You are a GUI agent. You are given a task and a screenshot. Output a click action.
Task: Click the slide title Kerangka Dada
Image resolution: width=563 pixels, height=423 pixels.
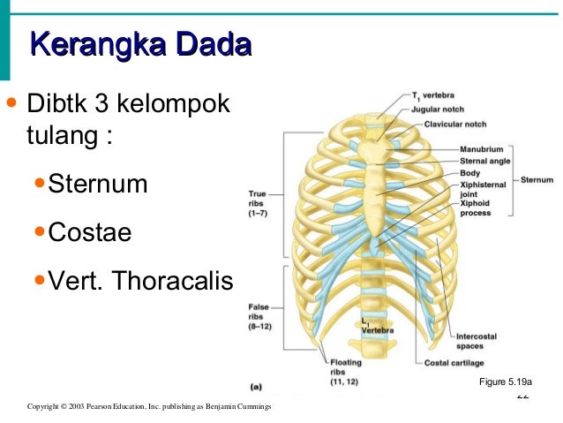[x=139, y=45]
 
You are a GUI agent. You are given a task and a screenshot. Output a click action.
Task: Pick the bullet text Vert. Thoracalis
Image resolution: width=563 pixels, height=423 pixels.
[x=139, y=282]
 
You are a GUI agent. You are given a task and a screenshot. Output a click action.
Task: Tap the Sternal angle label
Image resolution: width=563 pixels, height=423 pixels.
[x=484, y=161]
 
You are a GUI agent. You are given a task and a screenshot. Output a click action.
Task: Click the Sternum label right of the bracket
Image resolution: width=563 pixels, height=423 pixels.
[x=537, y=179]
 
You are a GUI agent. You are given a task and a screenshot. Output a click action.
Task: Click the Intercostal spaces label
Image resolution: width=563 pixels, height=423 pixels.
[x=477, y=341]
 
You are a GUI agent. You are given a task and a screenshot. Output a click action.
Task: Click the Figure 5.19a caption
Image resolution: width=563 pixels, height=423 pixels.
[x=504, y=382]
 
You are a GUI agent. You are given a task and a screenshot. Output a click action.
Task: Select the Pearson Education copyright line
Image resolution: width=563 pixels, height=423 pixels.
[x=149, y=406]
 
